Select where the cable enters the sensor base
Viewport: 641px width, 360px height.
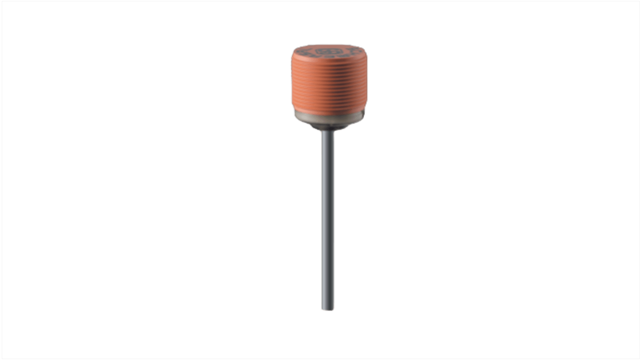point(328,131)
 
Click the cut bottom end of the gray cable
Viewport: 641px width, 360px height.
point(328,309)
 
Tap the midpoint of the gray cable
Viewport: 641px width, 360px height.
point(328,221)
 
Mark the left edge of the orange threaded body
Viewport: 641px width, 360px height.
point(292,86)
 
